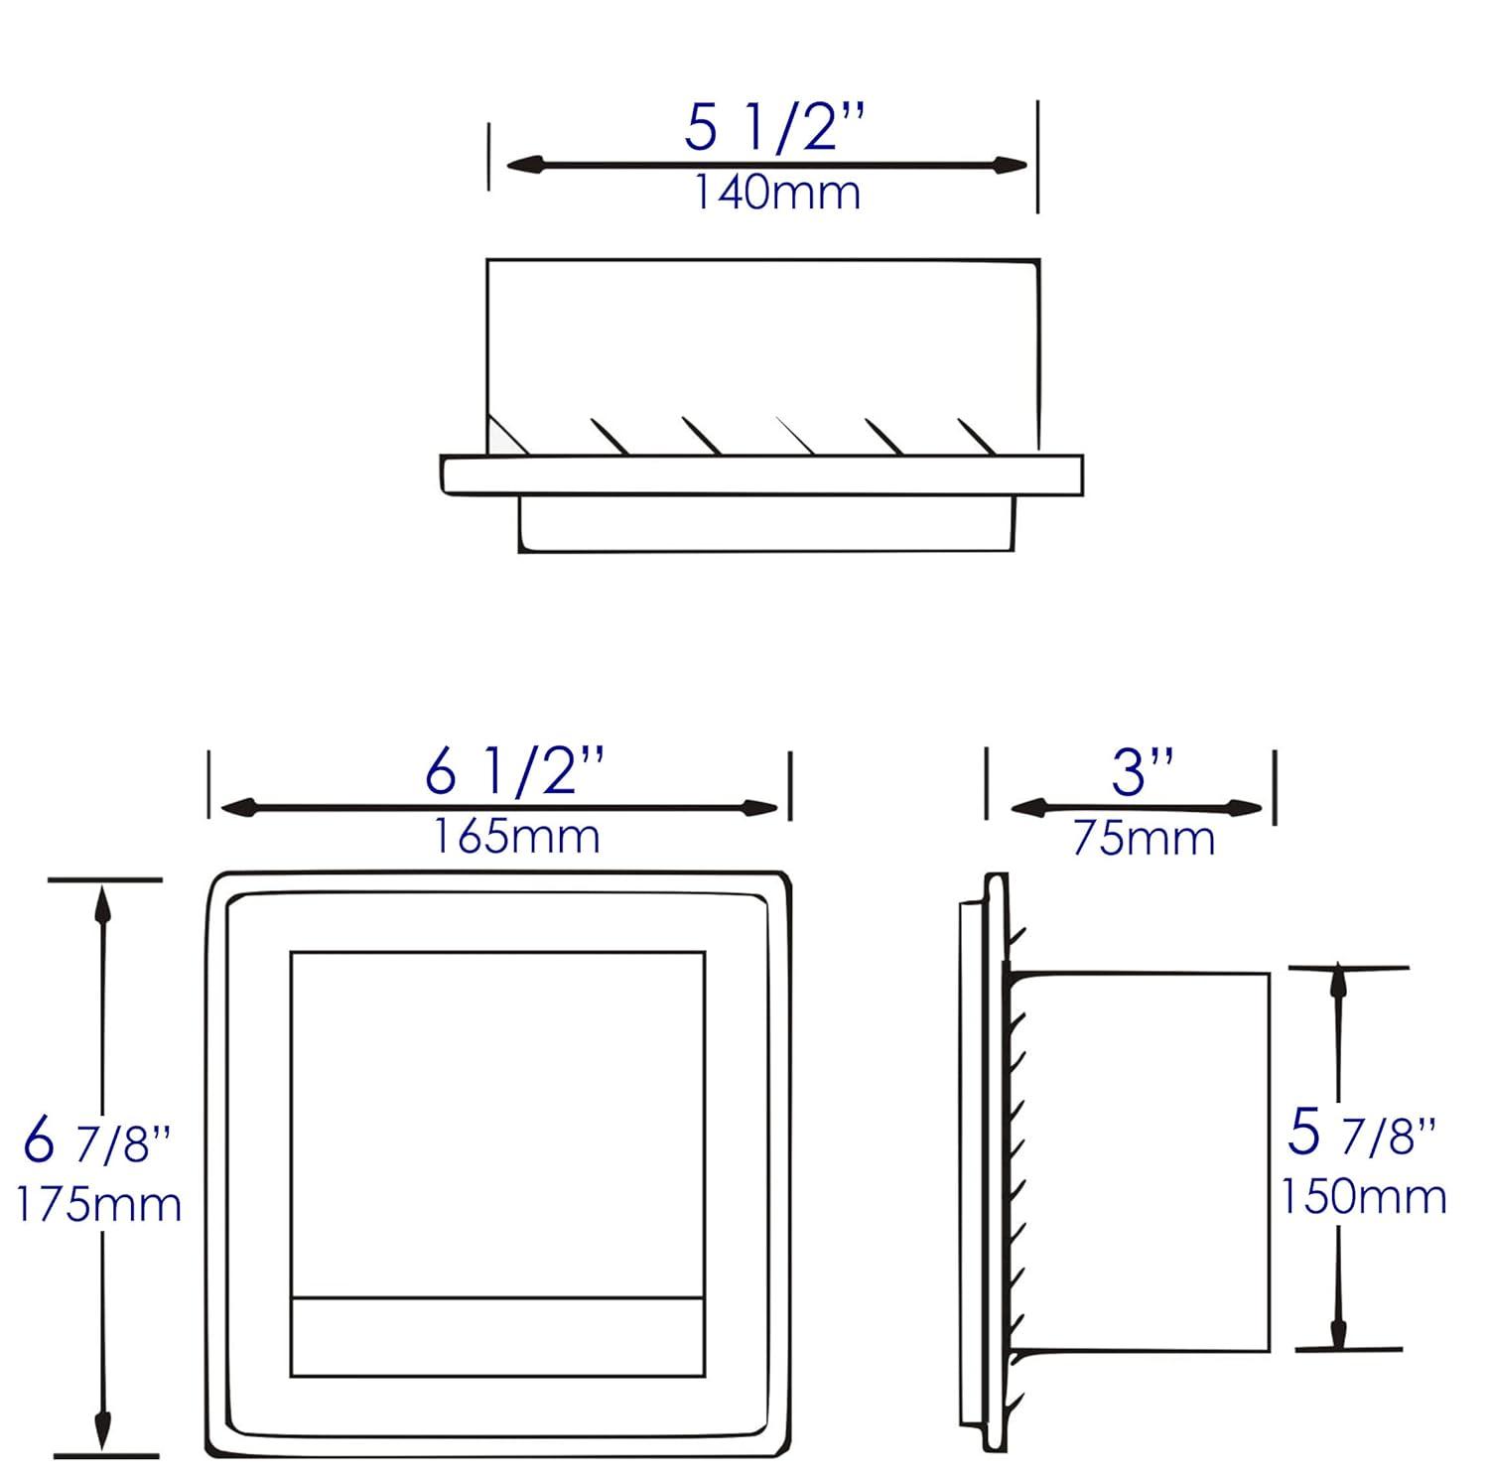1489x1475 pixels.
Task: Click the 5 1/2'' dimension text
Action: click(x=775, y=128)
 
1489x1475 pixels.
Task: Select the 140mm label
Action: click(x=775, y=193)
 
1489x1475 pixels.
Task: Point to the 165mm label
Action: click(x=515, y=837)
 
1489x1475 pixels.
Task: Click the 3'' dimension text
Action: click(x=1143, y=772)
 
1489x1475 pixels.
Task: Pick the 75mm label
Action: click(x=1144, y=839)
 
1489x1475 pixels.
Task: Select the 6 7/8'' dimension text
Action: click(x=97, y=1142)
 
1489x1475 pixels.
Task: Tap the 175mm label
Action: click(x=98, y=1205)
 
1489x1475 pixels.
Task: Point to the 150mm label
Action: click(x=1363, y=1196)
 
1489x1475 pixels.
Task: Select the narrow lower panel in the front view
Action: click(x=497, y=1336)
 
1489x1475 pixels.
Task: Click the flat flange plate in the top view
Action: click(x=761, y=475)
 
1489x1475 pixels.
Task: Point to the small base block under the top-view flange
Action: click(x=766, y=523)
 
